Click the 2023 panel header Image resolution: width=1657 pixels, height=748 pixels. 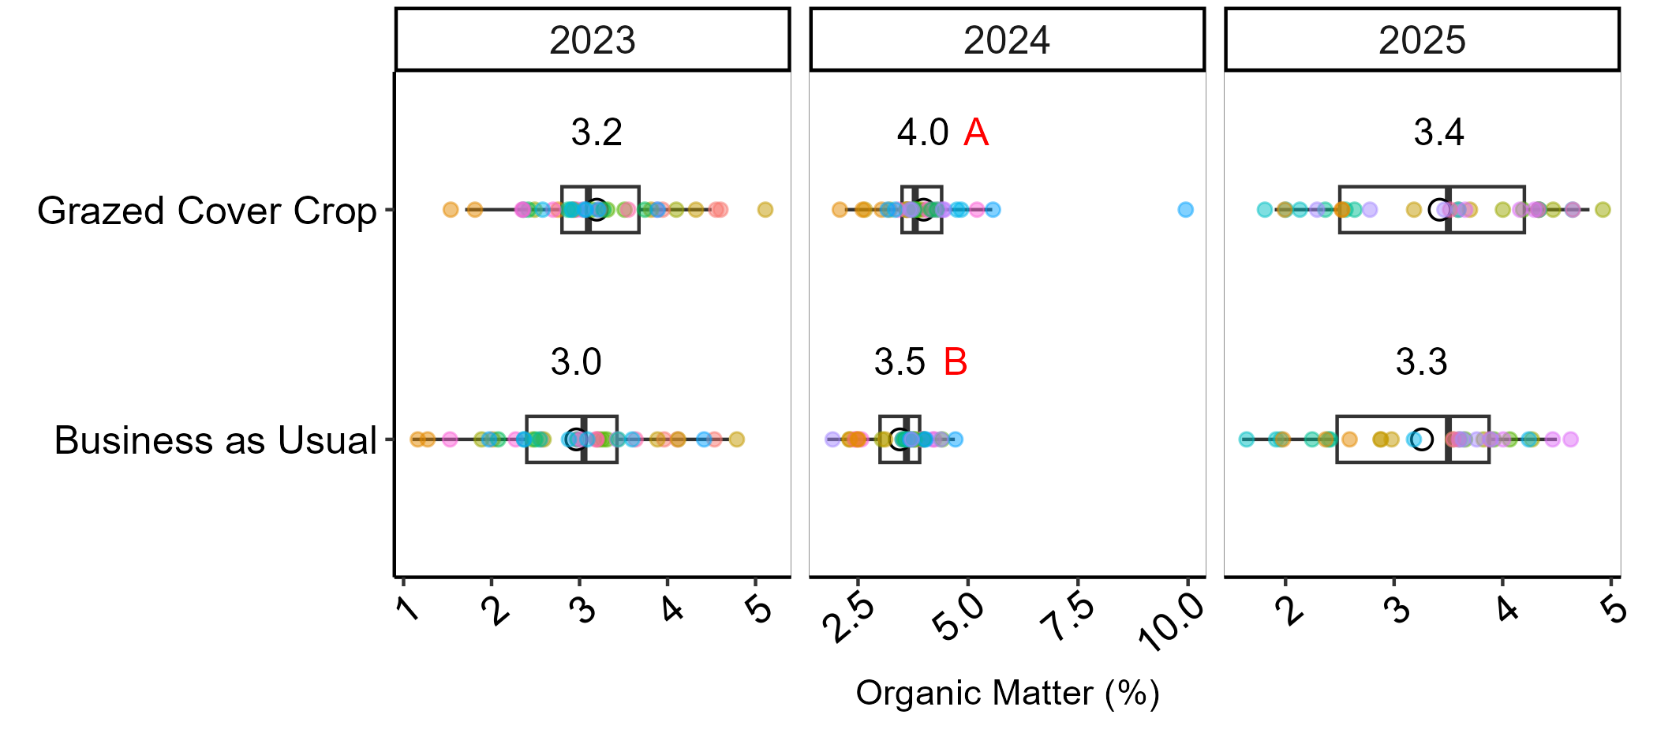coord(593,40)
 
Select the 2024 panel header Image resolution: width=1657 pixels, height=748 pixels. coord(1007,40)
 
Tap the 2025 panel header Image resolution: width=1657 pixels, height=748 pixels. coord(1422,40)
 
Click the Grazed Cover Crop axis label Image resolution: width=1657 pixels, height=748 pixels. coord(207,211)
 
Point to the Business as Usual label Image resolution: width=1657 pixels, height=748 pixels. coord(215,440)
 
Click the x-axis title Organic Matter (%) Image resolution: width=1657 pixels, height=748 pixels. coord(1008,693)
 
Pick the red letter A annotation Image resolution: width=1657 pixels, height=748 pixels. coord(976,133)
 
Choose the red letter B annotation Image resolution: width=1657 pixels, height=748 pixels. coord(956,362)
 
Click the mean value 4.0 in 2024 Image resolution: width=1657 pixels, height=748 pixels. coord(922,133)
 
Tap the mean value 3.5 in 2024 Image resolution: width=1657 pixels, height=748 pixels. coord(900,362)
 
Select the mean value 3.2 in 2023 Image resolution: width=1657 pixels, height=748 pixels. coord(597,133)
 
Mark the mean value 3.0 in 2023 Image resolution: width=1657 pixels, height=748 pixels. coord(576,362)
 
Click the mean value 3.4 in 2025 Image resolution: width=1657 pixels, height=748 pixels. coord(1438,133)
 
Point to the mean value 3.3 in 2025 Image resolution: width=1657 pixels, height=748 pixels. coord(1421,362)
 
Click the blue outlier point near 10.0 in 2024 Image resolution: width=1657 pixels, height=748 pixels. coord(1185,209)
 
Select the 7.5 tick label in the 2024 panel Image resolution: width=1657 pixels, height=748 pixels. coord(1067,619)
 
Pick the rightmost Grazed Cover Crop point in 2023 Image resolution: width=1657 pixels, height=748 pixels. coord(765,209)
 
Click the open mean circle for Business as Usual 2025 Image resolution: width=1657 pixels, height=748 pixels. coord(1421,439)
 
